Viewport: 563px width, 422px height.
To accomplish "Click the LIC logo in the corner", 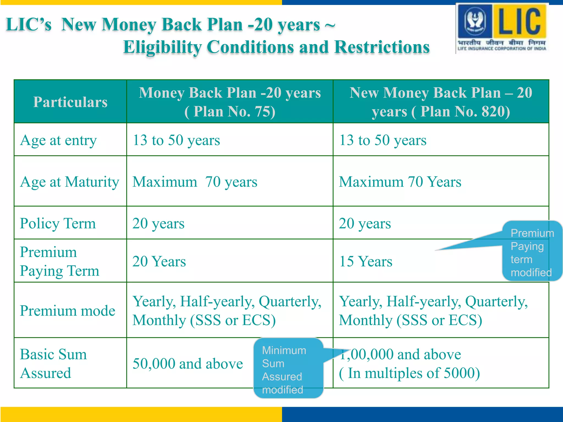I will [x=502, y=27].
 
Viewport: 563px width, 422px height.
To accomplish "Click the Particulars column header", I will [x=70, y=102].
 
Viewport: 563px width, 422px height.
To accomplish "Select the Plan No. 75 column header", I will [x=230, y=102].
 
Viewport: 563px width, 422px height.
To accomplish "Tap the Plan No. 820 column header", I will [x=441, y=102].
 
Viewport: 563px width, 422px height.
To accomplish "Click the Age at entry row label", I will [x=58, y=140].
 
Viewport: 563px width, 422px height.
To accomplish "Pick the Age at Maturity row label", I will [x=70, y=182].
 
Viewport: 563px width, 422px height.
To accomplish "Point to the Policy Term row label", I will [x=58, y=223].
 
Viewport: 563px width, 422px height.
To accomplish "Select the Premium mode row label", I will [x=67, y=311].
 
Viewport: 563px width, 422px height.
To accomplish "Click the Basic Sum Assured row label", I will [x=54, y=363].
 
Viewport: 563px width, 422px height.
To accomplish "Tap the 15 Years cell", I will [x=366, y=261].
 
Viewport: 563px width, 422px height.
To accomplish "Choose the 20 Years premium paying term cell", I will [x=159, y=261].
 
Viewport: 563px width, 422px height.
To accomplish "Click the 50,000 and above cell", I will [x=187, y=364].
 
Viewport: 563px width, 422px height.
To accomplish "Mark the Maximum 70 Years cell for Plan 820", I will [x=400, y=182].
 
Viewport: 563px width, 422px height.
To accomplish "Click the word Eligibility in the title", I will [x=162, y=47].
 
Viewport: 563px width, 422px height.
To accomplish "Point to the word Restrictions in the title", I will [x=382, y=47].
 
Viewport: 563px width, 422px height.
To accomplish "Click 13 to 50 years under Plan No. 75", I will [x=176, y=140].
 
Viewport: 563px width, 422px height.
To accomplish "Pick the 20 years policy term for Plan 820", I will [x=365, y=223].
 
